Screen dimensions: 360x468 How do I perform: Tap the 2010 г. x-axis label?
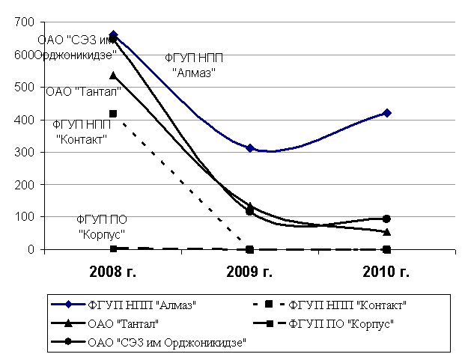coord(386,272)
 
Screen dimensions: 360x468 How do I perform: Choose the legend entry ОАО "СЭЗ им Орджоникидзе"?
coord(167,342)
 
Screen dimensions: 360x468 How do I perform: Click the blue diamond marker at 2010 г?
coord(386,113)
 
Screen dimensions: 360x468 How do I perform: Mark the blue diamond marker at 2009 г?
coord(250,148)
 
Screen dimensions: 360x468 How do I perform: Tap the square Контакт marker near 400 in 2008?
coord(113,114)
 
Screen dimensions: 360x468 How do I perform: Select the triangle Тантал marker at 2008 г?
coord(113,76)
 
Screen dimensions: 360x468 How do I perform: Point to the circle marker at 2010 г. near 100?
coord(386,219)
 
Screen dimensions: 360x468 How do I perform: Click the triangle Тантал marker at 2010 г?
coord(386,232)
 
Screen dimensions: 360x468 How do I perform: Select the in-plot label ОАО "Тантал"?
coord(84,91)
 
